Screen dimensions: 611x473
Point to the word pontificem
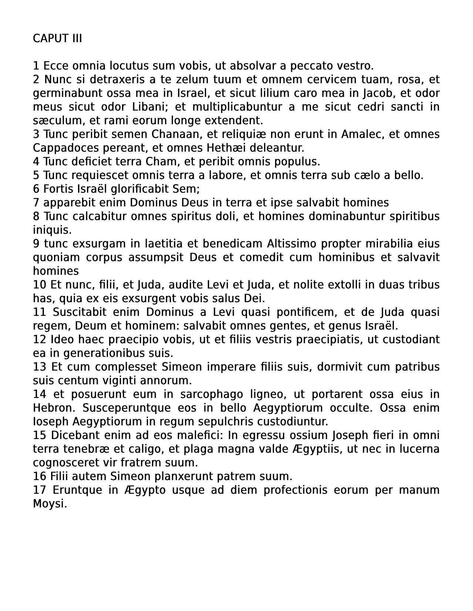click(303, 312)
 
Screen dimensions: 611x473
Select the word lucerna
click(418, 449)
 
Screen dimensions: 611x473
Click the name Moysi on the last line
click(50, 504)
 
